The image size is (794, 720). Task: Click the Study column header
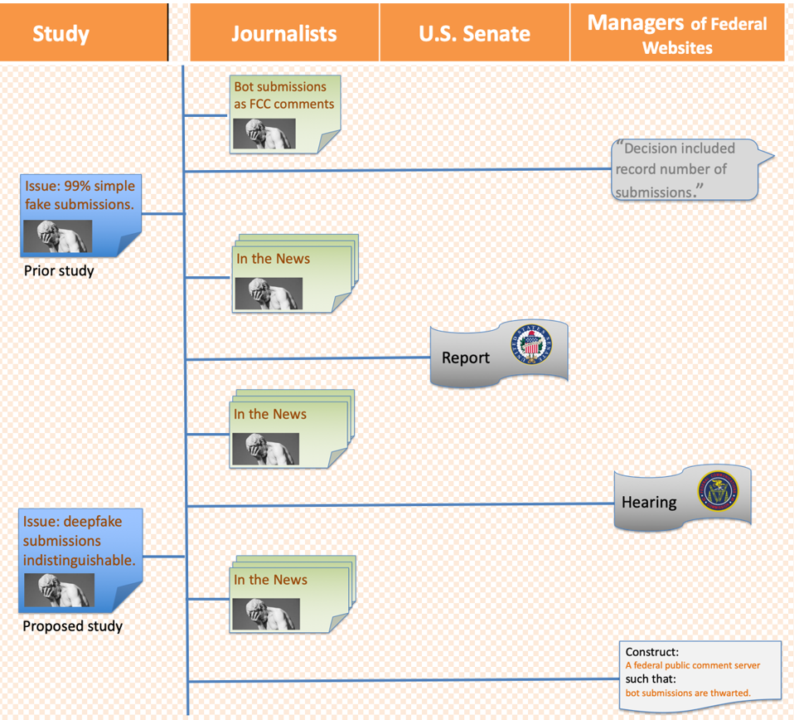click(x=61, y=33)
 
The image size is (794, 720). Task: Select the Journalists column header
click(x=284, y=33)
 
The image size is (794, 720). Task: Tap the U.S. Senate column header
click(x=474, y=33)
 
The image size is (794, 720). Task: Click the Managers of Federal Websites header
click(x=677, y=33)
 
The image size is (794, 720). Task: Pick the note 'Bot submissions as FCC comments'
click(x=284, y=95)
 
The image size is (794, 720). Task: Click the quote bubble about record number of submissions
click(x=685, y=169)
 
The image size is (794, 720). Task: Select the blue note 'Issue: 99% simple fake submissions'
click(x=80, y=195)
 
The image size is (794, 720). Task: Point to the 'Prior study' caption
click(x=59, y=270)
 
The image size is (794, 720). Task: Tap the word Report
click(x=466, y=358)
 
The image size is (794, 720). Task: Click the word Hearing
click(x=649, y=502)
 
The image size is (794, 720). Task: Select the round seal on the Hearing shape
click(x=717, y=491)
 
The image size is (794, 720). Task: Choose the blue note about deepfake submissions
click(x=80, y=541)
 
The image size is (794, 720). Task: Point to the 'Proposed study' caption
click(x=72, y=626)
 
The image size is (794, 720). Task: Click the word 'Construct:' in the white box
click(x=651, y=652)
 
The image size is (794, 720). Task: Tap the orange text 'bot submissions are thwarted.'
click(x=688, y=693)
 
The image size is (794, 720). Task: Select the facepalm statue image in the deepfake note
click(x=59, y=591)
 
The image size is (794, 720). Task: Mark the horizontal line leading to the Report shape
click(x=307, y=359)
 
